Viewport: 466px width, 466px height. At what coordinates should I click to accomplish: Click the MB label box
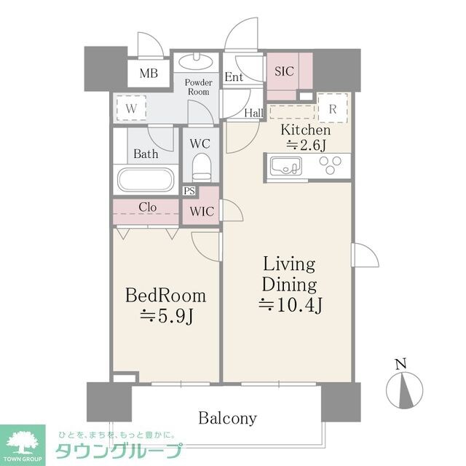coord(149,74)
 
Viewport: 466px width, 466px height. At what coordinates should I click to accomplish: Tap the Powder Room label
coord(197,87)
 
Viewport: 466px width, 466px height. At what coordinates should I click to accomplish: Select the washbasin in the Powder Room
coord(197,62)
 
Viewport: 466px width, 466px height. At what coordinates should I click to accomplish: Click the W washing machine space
coord(132,108)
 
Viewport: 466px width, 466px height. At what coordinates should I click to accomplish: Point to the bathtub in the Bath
coord(146,179)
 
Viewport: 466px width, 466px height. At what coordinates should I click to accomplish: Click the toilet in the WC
coord(201,167)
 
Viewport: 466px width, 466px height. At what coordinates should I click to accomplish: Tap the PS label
coord(189,191)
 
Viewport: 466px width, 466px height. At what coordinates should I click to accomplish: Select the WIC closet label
coord(201,212)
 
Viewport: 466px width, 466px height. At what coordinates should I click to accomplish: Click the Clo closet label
coord(147,207)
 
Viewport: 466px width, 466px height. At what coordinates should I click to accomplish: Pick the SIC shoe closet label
coord(283,71)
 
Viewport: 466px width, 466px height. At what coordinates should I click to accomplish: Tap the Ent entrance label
coord(234,77)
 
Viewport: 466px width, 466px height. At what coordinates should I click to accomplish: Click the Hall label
coord(253,112)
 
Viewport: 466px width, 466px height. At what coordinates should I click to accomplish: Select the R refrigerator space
coord(333,108)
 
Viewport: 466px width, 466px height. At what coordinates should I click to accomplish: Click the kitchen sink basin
coord(284,167)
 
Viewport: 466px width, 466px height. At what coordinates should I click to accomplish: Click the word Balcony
coord(227,418)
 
